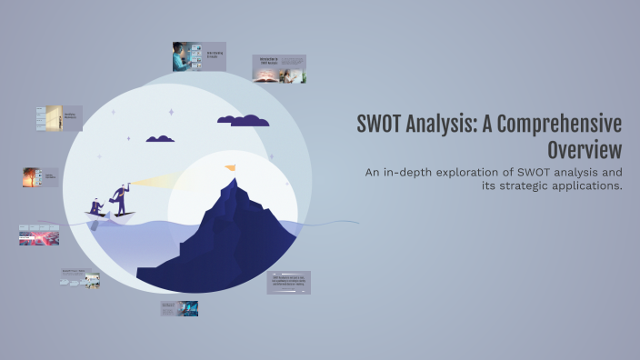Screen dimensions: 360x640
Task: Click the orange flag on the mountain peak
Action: (229, 168)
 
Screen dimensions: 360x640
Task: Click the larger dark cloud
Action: (243, 120)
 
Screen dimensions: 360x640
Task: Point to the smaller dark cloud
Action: (160, 139)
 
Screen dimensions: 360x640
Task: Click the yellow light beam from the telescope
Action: (155, 182)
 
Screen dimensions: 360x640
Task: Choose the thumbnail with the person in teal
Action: (198, 56)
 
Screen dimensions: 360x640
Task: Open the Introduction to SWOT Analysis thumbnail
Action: (279, 69)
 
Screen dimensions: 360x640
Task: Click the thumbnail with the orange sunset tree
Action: (41, 176)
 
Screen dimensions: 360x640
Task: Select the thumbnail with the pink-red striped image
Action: (38, 235)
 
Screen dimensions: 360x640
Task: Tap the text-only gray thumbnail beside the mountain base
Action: (289, 282)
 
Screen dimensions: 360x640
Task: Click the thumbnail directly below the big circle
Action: (179, 308)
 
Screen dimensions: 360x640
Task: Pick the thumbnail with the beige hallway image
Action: (59, 118)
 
